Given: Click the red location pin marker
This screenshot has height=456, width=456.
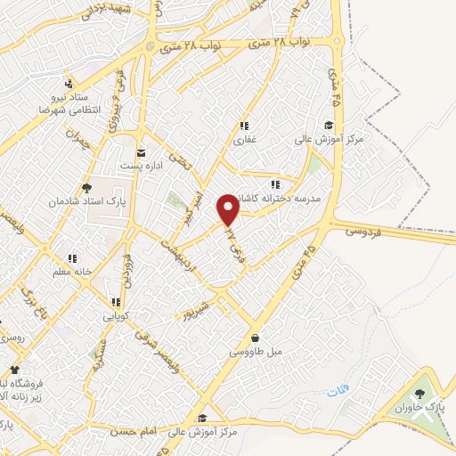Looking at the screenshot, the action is click(229, 210).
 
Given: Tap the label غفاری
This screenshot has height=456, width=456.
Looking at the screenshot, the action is click(243, 141).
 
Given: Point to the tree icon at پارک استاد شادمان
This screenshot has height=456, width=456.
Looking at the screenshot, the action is click(86, 188).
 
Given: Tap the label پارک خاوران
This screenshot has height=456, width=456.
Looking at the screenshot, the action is click(426, 407).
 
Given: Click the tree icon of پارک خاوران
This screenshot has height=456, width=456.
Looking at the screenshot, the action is click(421, 392).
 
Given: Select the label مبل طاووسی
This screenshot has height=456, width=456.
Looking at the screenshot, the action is click(256, 354).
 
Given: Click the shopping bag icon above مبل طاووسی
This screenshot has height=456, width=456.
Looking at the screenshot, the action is click(256, 338).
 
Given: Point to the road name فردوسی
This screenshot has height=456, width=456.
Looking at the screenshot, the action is click(361, 229).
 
